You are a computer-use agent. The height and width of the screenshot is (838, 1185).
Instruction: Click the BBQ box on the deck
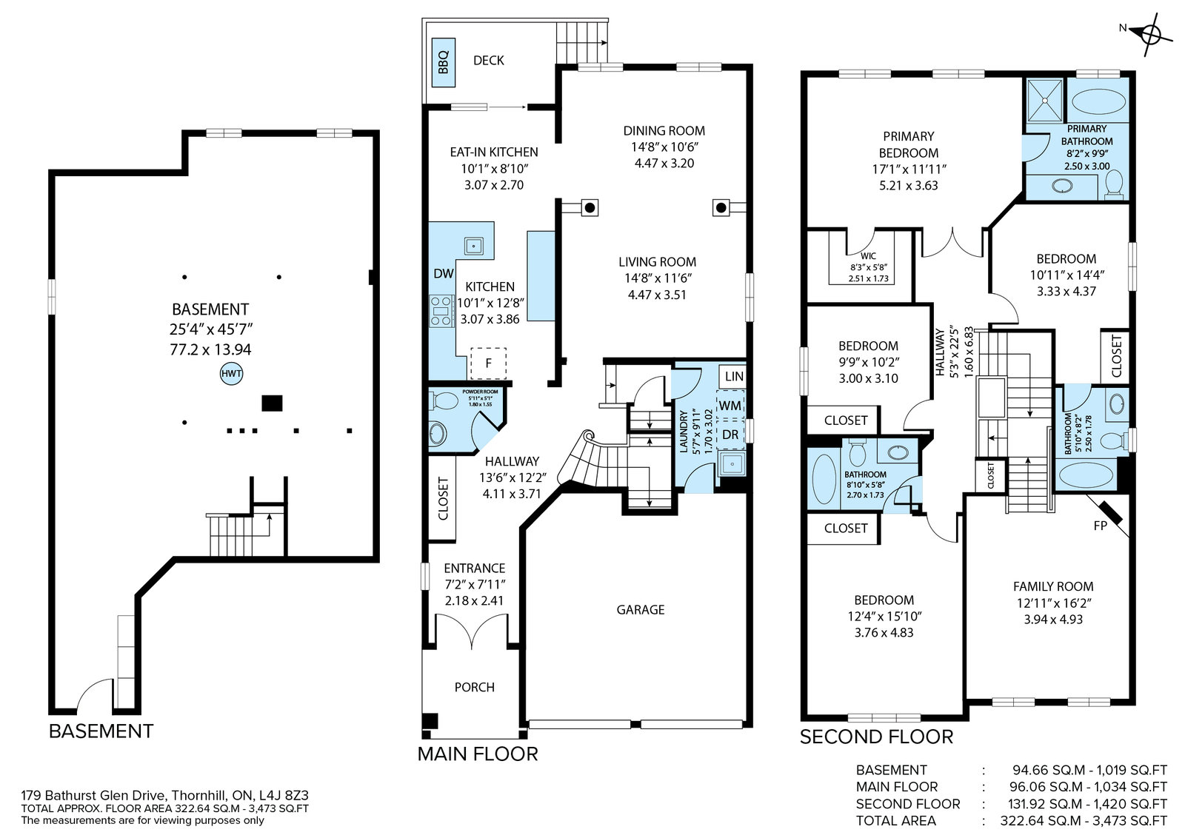pyautogui.click(x=444, y=62)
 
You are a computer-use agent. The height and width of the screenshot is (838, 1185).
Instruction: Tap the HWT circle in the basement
pyautogui.click(x=231, y=374)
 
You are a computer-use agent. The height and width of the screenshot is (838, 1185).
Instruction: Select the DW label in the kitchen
pyautogui.click(x=444, y=273)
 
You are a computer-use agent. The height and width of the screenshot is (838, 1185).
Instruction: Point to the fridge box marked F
pyautogui.click(x=488, y=363)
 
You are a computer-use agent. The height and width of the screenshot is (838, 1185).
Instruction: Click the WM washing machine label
pyautogui.click(x=730, y=406)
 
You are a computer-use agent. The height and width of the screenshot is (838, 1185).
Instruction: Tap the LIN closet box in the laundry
pyautogui.click(x=733, y=376)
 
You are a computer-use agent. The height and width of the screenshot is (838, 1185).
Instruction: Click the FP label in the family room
pyautogui.click(x=1100, y=526)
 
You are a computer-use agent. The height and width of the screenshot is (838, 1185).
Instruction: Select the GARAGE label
pyautogui.click(x=640, y=609)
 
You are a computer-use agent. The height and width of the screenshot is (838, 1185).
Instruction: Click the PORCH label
pyautogui.click(x=475, y=687)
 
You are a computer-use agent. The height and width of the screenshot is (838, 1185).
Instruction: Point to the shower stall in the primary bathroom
pyautogui.click(x=1044, y=101)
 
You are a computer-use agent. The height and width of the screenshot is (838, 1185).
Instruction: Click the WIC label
pyautogui.click(x=868, y=256)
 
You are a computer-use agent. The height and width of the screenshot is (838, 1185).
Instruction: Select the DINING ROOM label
pyautogui.click(x=664, y=130)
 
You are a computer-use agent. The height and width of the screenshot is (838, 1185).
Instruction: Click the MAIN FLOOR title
pyautogui.click(x=478, y=754)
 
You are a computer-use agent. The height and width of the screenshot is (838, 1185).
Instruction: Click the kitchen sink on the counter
pyautogui.click(x=473, y=246)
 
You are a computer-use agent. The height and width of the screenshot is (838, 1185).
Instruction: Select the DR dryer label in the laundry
pyautogui.click(x=730, y=435)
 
